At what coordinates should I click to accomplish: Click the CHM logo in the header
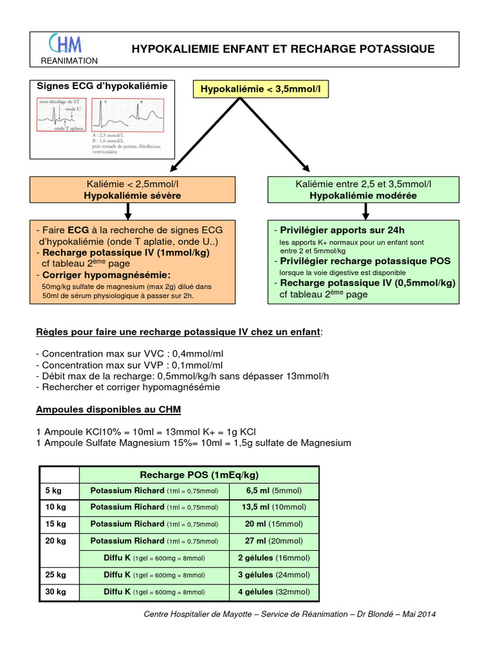pyautogui.click(x=66, y=43)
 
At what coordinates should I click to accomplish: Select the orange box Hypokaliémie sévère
pyautogui.click(x=132, y=190)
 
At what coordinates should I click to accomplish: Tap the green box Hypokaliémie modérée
pyautogui.click(x=364, y=190)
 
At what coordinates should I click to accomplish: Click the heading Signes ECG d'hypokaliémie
pyautogui.click(x=103, y=86)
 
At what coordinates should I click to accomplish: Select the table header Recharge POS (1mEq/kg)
pyautogui.click(x=199, y=475)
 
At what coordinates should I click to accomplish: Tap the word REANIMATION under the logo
pyautogui.click(x=69, y=61)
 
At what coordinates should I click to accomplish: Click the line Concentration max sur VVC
pyautogui.click(x=131, y=353)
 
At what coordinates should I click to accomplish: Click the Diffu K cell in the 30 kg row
pyautogui.click(x=153, y=592)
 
